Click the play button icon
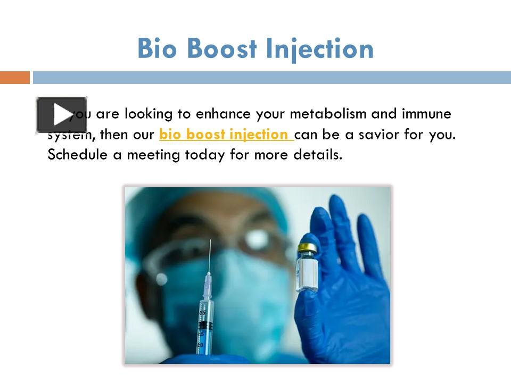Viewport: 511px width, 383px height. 62,114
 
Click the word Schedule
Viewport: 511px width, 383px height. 76,155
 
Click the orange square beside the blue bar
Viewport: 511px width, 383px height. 14,78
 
